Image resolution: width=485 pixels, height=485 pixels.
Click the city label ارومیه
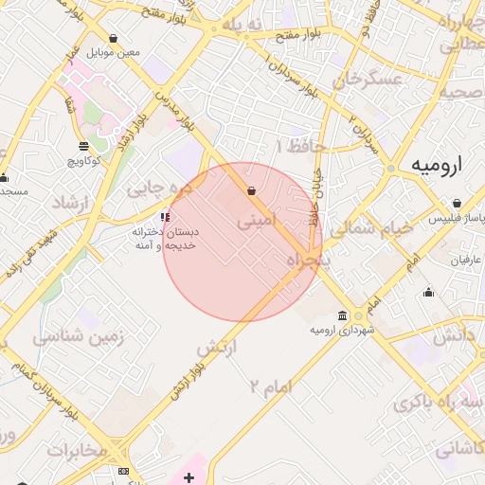(440, 165)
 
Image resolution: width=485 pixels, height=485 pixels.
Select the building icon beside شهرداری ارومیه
(343, 315)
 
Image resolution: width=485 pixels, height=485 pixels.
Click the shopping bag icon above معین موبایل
(114, 39)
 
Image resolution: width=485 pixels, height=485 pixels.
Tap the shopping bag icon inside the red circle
(251, 191)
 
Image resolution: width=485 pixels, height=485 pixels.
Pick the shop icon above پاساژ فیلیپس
(457, 204)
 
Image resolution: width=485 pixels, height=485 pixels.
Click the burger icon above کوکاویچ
(84, 146)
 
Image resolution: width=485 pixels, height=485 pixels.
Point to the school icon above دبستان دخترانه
(166, 217)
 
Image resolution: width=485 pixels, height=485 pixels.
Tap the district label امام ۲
(272, 386)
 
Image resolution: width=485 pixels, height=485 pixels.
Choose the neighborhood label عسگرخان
(361, 80)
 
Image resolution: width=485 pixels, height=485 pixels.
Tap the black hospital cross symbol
(189, 476)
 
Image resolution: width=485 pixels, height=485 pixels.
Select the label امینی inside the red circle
(258, 222)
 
